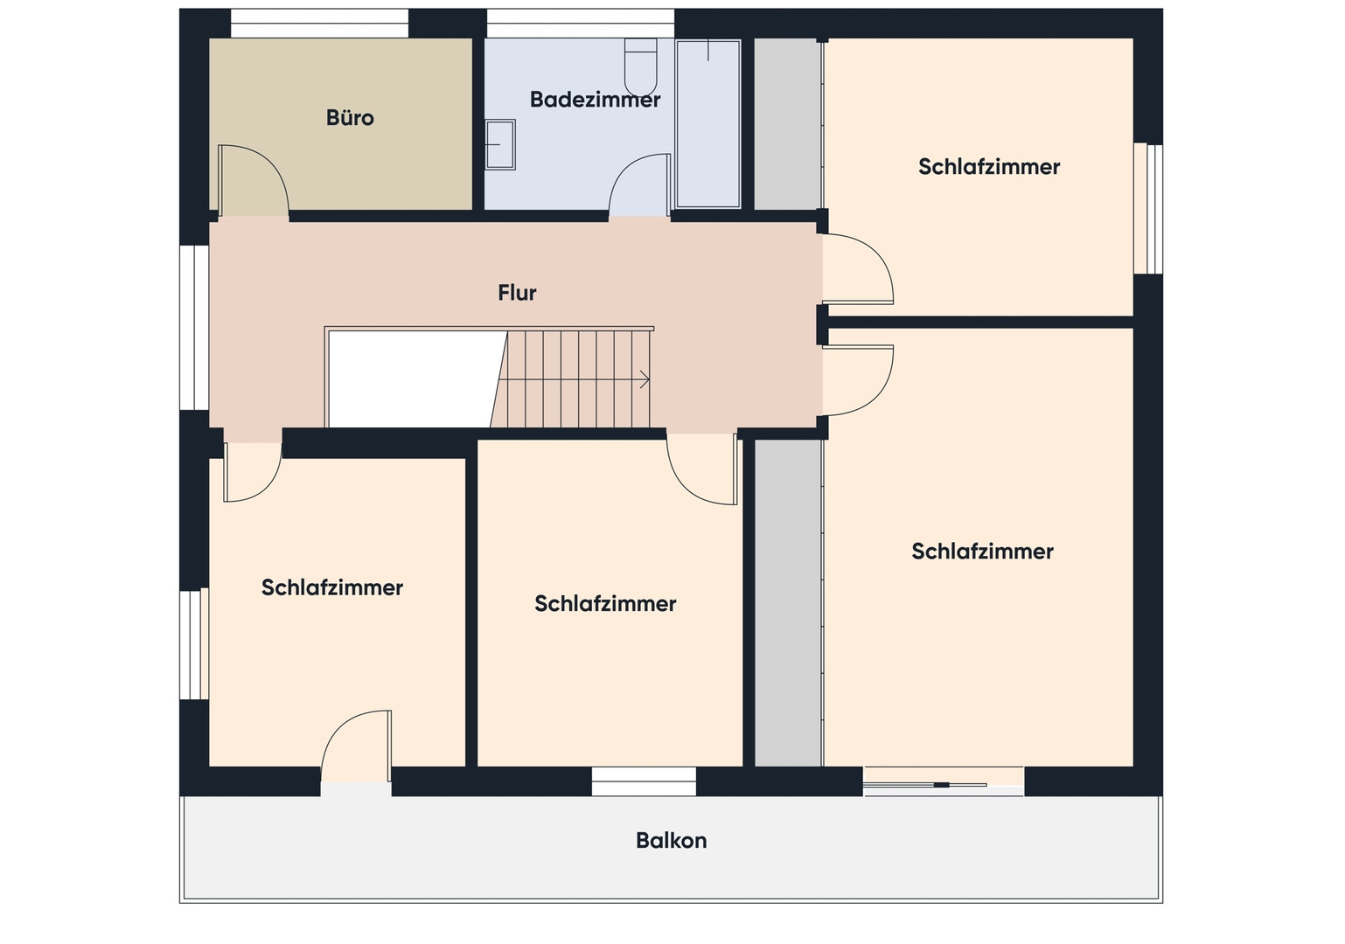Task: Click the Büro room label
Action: [x=350, y=118]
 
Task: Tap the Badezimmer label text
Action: [x=595, y=100]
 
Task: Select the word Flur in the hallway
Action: [x=517, y=293]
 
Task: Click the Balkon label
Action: [x=672, y=841]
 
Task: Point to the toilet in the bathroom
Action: [x=641, y=66]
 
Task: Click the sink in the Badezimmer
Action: [x=500, y=144]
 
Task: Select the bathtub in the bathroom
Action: [x=708, y=123]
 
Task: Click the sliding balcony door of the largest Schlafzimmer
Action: [x=944, y=781]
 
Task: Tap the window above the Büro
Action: [x=319, y=24]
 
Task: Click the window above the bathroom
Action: [x=580, y=24]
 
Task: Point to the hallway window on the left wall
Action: [x=194, y=328]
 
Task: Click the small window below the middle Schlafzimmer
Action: [x=644, y=781]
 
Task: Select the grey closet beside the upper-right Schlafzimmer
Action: [x=787, y=124]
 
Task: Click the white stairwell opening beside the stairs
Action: [x=415, y=379]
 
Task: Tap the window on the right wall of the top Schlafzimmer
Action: [x=1148, y=209]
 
